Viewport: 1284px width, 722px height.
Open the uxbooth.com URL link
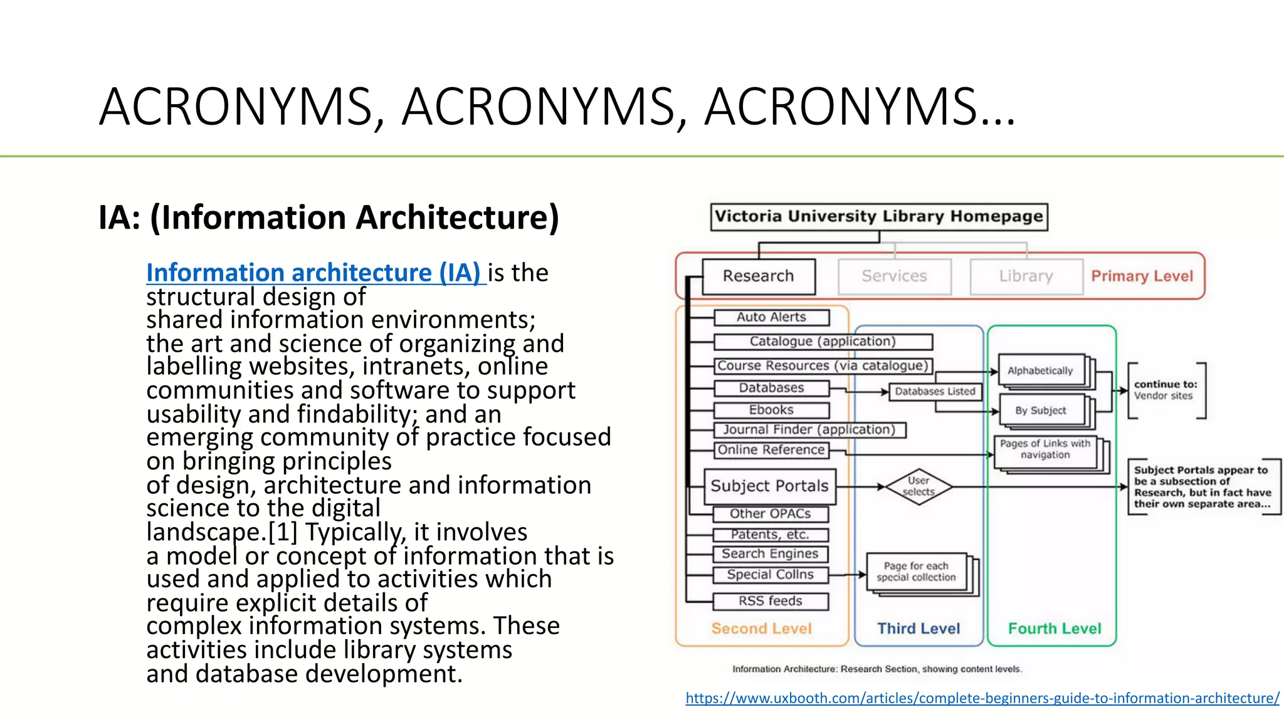pyautogui.click(x=982, y=698)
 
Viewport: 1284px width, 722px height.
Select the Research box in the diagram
pyautogui.click(x=759, y=276)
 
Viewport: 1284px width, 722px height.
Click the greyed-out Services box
pyautogui.click(x=894, y=276)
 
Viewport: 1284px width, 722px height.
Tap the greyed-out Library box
pyautogui.click(x=1026, y=276)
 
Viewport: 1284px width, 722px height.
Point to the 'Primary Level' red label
pyautogui.click(x=1142, y=276)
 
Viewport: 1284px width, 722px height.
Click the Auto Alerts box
pyautogui.click(x=771, y=317)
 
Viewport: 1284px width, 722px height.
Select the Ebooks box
pyautogui.click(x=771, y=410)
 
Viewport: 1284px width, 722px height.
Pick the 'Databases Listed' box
pyautogui.click(x=935, y=392)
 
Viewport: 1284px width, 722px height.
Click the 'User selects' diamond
pyautogui.click(x=918, y=486)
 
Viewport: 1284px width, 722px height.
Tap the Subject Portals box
pyautogui.click(x=769, y=486)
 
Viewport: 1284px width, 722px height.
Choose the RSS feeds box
pyautogui.click(x=770, y=601)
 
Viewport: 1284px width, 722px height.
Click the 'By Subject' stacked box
pyautogui.click(x=1041, y=411)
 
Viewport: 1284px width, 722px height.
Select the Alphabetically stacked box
pyautogui.click(x=1040, y=371)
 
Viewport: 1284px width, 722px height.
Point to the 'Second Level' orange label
pyautogui.click(x=761, y=629)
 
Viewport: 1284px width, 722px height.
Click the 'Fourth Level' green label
pyautogui.click(x=1054, y=629)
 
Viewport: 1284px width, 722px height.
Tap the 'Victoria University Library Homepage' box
pyautogui.click(x=878, y=217)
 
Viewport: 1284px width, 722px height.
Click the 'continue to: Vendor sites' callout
pyautogui.click(x=1166, y=390)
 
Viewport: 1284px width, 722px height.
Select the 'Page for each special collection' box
pyautogui.click(x=916, y=572)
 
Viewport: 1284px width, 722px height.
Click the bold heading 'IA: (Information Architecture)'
pyautogui.click(x=329, y=218)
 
